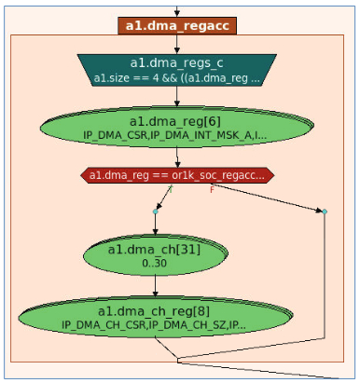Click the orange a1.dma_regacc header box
[177, 26]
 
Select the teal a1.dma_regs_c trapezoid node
[177, 70]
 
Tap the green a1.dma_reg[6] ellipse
[177, 127]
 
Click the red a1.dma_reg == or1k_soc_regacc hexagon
[177, 175]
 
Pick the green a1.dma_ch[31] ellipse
[156, 255]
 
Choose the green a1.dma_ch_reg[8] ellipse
[156, 317]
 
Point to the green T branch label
[171, 189]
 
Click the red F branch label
[212, 189]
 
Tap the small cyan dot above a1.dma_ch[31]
[156, 212]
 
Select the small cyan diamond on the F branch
[325, 212]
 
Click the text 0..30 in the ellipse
[154, 263]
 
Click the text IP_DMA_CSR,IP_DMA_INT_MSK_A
[167, 135]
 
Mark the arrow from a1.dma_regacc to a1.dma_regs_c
[177, 44]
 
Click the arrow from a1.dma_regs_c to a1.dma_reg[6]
[177, 96]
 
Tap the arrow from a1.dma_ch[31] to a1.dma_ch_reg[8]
[156, 286]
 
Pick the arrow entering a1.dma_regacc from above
[177, 11]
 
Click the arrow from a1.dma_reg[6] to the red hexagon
[177, 157]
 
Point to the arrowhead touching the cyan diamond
[319, 211]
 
